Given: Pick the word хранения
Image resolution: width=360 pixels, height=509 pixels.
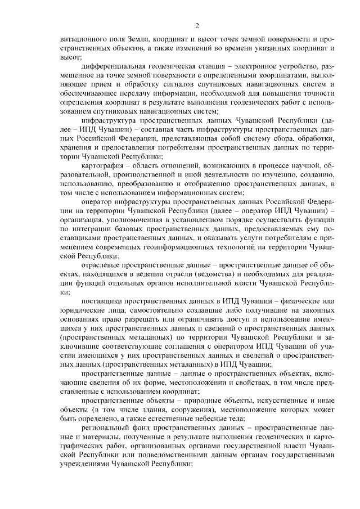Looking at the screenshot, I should (x=76, y=148).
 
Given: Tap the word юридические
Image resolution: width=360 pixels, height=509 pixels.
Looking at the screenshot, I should (x=82, y=312).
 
